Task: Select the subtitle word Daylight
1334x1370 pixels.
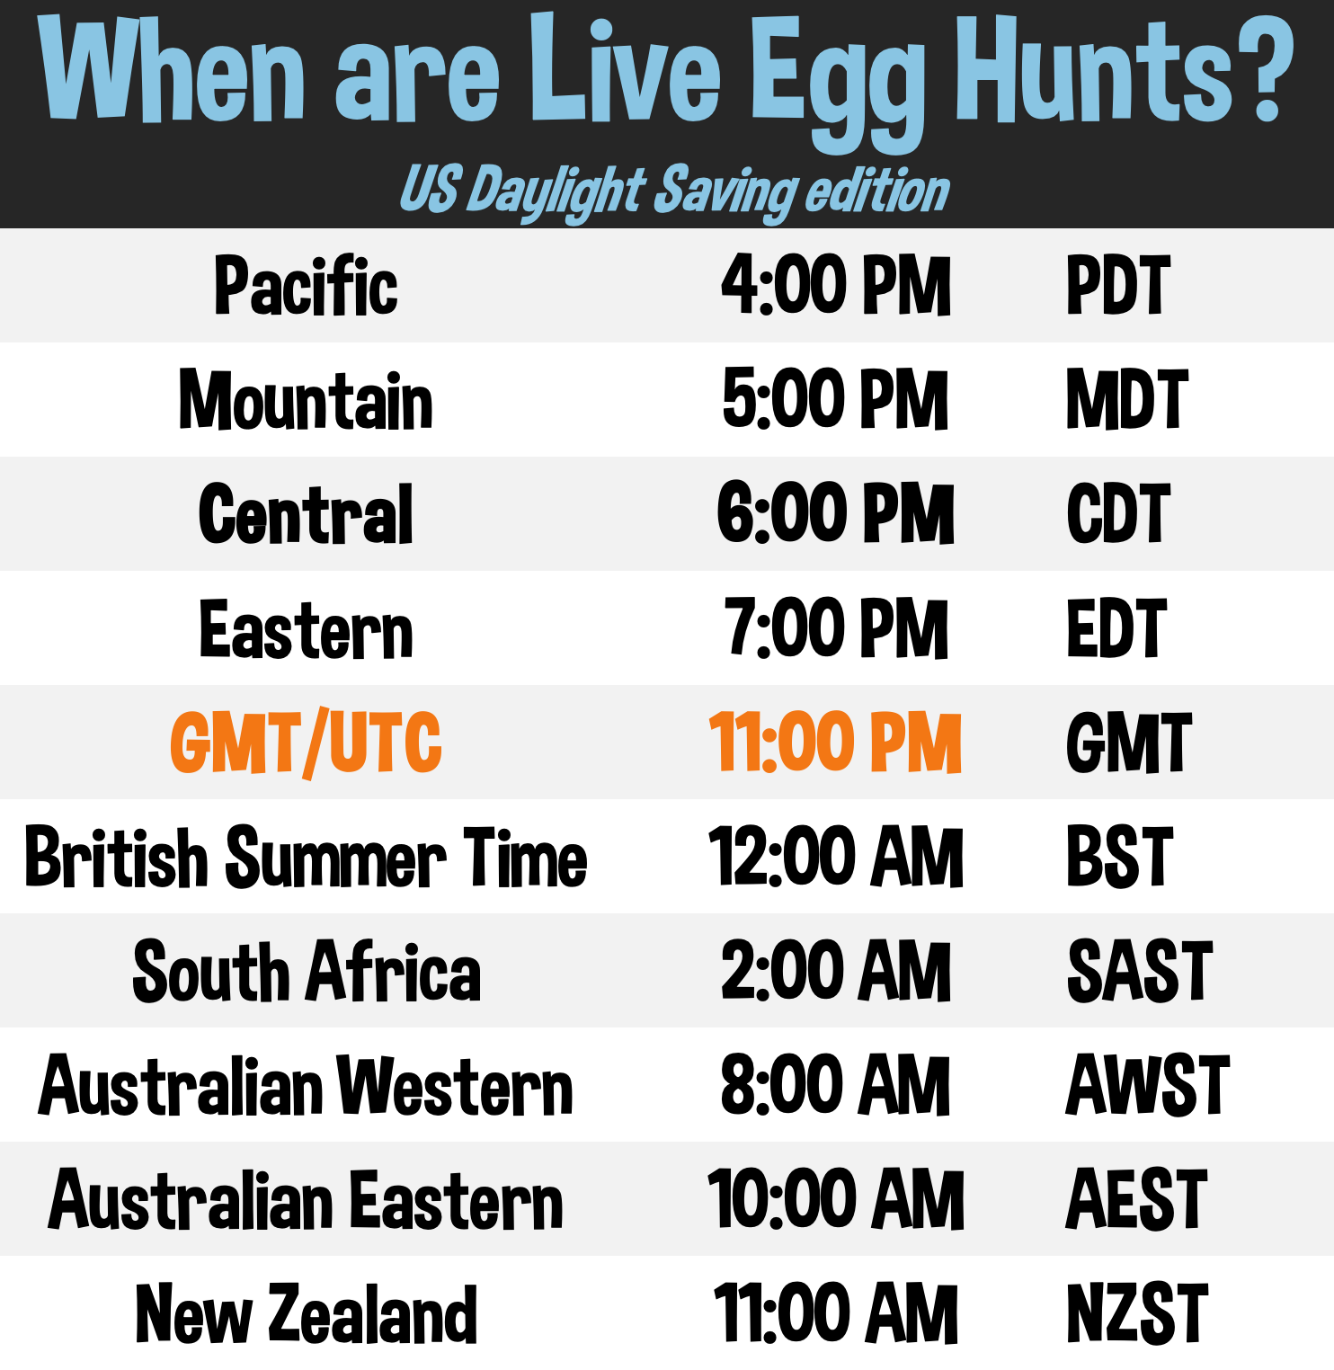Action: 557,191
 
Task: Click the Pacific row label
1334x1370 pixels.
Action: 306,286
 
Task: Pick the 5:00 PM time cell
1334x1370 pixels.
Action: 835,399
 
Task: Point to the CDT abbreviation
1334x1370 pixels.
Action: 1118,513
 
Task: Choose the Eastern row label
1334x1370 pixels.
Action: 306,629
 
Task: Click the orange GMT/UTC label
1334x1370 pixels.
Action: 306,743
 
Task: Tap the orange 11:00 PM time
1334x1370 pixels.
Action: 835,743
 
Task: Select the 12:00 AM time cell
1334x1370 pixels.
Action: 835,857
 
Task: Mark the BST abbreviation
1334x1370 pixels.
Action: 1119,857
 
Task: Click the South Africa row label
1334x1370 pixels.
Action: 306,971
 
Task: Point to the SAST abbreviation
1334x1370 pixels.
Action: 1139,971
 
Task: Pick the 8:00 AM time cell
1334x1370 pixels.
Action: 835,1085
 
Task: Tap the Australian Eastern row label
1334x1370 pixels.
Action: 306,1199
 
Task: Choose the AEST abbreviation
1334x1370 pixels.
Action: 1136,1199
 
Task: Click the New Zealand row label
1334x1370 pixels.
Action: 306,1313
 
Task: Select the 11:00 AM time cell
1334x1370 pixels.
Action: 835,1313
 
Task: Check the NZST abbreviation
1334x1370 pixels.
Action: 1136,1313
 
